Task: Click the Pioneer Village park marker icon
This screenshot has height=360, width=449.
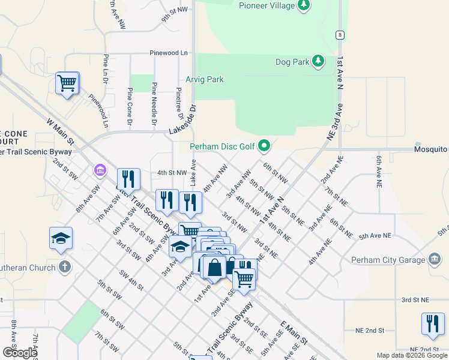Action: pyautogui.click(x=305, y=5)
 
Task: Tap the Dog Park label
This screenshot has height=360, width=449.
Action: pyautogui.click(x=291, y=62)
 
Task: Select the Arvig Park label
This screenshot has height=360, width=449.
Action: pyautogui.click(x=204, y=79)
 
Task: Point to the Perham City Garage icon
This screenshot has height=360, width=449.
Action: pyautogui.click(x=435, y=260)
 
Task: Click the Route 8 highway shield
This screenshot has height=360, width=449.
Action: pyautogui.click(x=340, y=35)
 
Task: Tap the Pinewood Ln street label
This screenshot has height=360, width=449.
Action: pyautogui.click(x=170, y=53)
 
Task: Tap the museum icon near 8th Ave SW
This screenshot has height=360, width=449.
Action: pyautogui.click(x=99, y=172)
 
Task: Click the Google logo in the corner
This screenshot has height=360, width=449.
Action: pyautogui.click(x=20, y=353)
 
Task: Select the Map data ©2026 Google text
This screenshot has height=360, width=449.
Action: pyautogui.click(x=411, y=355)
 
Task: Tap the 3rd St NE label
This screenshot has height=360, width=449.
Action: pyautogui.click(x=415, y=299)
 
